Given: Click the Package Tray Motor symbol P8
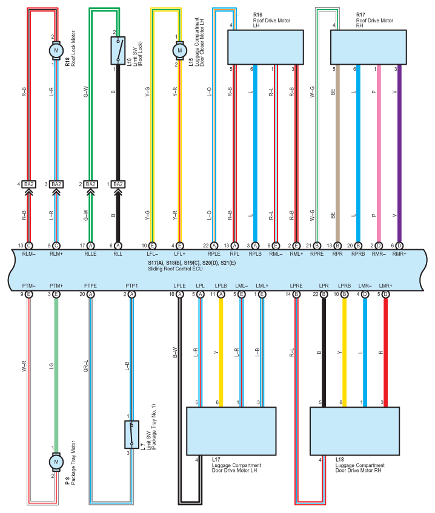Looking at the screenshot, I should pyautogui.click(x=56, y=462).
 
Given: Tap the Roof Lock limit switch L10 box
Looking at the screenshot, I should pyautogui.click(x=118, y=50).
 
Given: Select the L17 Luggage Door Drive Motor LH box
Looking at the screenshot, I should pyautogui.click(x=231, y=431).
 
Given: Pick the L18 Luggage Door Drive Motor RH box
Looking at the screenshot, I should pyautogui.click(x=354, y=431).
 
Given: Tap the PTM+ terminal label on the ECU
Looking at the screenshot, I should pyautogui.click(x=56, y=285).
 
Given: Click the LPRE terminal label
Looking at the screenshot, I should pyautogui.click(x=296, y=285).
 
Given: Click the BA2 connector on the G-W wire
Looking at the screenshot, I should pyautogui.click(x=90, y=184).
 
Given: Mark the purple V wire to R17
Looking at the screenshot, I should pyautogui.click(x=399, y=151).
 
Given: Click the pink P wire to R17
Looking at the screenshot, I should pyautogui.click(x=379, y=151).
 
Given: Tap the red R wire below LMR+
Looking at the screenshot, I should pyautogui.click(x=385, y=351).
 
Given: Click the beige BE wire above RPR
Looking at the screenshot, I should pyautogui.click(x=337, y=151).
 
